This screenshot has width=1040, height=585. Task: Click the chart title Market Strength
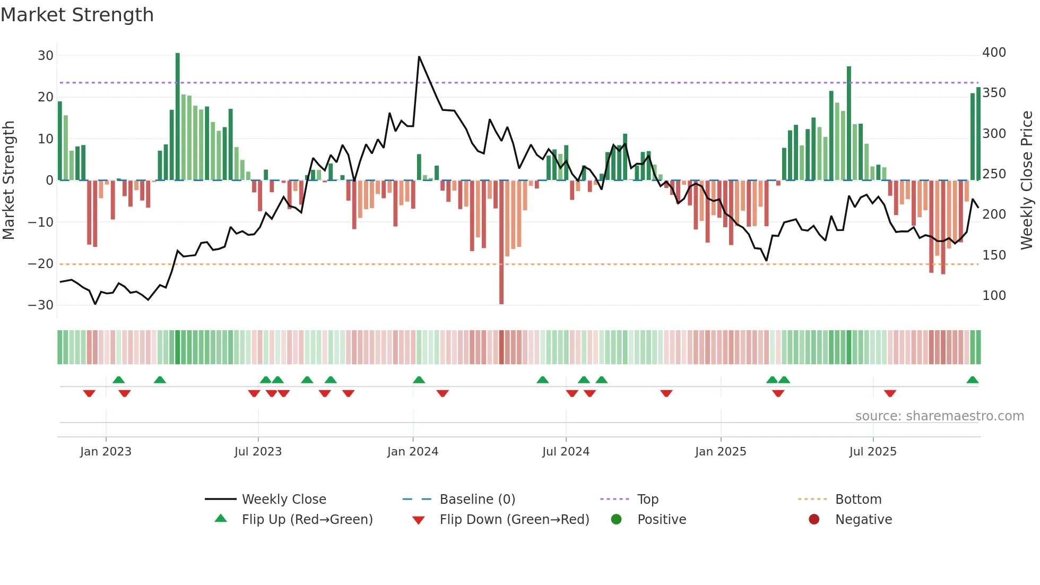(x=77, y=15)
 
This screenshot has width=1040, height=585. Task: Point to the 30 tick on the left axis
(x=46, y=56)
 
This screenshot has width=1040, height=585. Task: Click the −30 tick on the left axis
(x=41, y=305)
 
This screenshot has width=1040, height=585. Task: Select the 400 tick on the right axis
(x=994, y=53)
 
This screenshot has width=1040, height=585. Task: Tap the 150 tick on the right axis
(x=994, y=255)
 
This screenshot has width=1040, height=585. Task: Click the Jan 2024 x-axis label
(x=413, y=452)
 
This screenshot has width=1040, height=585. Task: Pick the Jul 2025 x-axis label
(x=873, y=452)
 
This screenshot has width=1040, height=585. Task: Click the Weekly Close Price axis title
(x=1027, y=180)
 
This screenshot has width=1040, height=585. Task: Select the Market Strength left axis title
(x=9, y=180)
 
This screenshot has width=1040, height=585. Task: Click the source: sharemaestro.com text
(x=939, y=416)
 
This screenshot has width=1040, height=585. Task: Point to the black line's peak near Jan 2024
(x=419, y=57)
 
